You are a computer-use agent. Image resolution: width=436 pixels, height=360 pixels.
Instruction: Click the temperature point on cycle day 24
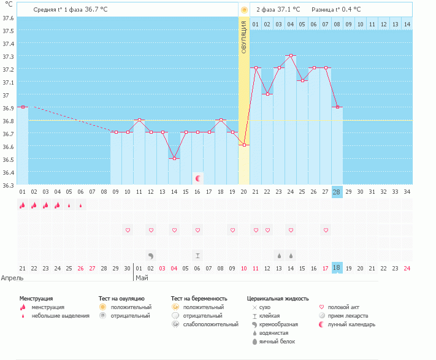click(291, 56)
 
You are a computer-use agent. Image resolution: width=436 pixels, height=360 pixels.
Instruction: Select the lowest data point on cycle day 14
click(174, 158)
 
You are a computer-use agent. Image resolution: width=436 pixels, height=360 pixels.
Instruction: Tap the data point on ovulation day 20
click(244, 145)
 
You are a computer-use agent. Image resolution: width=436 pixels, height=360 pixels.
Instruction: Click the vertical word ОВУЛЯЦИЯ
click(244, 37)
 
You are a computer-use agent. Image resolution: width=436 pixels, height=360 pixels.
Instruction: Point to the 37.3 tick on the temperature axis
click(8, 56)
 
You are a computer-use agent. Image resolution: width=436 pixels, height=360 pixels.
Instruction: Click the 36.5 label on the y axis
click(8, 159)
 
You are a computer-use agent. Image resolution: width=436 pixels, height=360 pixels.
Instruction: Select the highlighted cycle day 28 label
click(337, 192)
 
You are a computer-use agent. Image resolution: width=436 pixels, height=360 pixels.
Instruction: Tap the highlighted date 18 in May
click(337, 268)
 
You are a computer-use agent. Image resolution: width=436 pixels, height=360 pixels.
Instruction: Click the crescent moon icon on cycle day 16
click(198, 178)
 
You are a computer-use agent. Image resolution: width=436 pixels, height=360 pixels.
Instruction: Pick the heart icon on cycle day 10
click(128, 230)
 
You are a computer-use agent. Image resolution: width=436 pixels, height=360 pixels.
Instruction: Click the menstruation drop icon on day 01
click(22, 205)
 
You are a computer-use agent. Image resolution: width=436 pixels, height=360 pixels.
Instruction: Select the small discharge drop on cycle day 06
click(80, 205)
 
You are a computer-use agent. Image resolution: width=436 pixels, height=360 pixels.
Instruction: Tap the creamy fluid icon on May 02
click(151, 256)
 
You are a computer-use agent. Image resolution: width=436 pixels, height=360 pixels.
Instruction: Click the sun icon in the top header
click(244, 10)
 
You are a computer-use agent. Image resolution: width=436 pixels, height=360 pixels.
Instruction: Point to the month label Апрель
click(12, 278)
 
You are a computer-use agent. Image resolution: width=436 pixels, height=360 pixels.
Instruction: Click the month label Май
click(142, 278)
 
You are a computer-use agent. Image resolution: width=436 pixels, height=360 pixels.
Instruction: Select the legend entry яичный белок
click(277, 342)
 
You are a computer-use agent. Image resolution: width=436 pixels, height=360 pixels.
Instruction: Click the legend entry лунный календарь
click(351, 324)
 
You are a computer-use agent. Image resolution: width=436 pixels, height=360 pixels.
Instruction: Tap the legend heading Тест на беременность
click(199, 299)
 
